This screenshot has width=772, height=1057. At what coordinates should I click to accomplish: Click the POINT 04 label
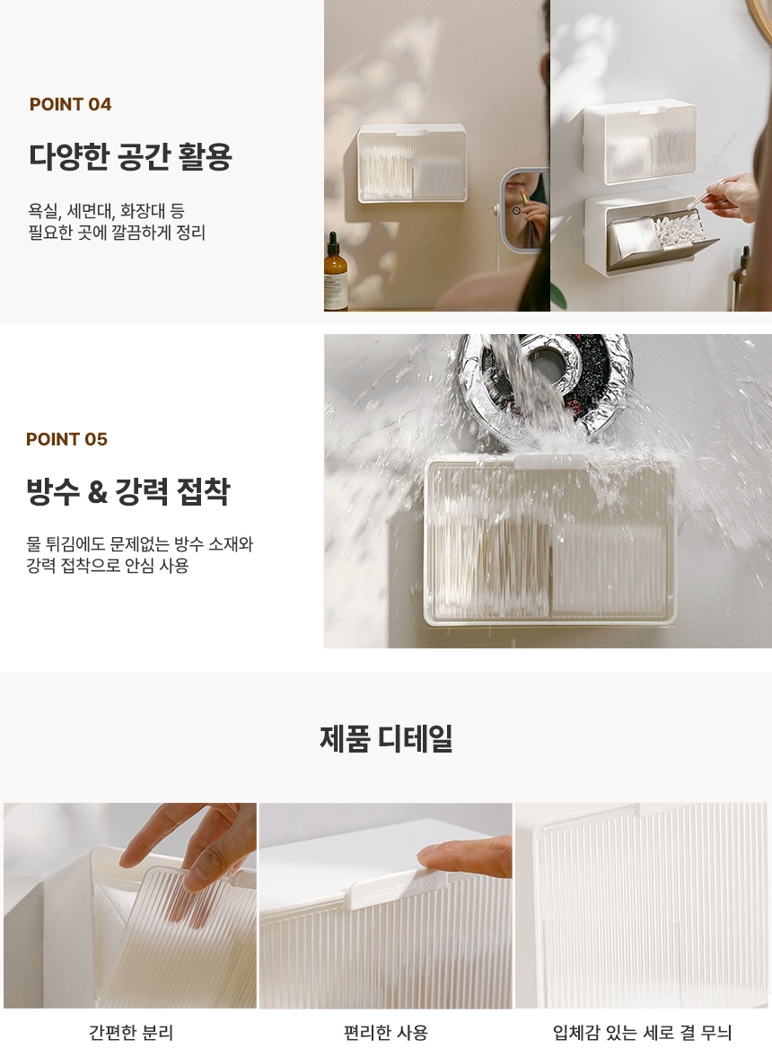pyautogui.click(x=70, y=104)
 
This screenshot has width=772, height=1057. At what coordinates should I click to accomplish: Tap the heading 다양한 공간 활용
pyautogui.click(x=130, y=156)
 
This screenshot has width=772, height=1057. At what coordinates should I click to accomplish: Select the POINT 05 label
pyautogui.click(x=66, y=439)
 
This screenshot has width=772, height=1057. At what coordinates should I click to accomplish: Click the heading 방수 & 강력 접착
pyautogui.click(x=128, y=490)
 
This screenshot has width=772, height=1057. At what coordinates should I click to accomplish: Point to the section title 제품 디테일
pyautogui.click(x=386, y=738)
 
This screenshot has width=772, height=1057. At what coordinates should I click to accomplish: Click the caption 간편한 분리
pyautogui.click(x=131, y=1032)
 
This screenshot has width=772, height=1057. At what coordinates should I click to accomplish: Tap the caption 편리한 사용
pyautogui.click(x=385, y=1032)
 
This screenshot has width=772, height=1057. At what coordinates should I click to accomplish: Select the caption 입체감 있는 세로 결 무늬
pyautogui.click(x=642, y=1032)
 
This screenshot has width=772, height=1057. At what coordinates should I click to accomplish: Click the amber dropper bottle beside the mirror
pyautogui.click(x=335, y=272)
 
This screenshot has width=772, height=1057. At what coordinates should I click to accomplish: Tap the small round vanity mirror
pyautogui.click(x=524, y=211)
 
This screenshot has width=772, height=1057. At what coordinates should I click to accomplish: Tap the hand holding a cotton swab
pyautogui.click(x=733, y=196)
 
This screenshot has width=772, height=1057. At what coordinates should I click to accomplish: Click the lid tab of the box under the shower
pyautogui.click(x=550, y=462)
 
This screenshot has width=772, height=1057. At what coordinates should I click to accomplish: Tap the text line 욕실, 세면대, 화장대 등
pyautogui.click(x=107, y=211)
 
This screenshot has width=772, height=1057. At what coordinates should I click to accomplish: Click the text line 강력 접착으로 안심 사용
pyautogui.click(x=108, y=565)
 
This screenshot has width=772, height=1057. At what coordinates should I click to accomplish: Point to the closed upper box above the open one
pyautogui.click(x=638, y=143)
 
